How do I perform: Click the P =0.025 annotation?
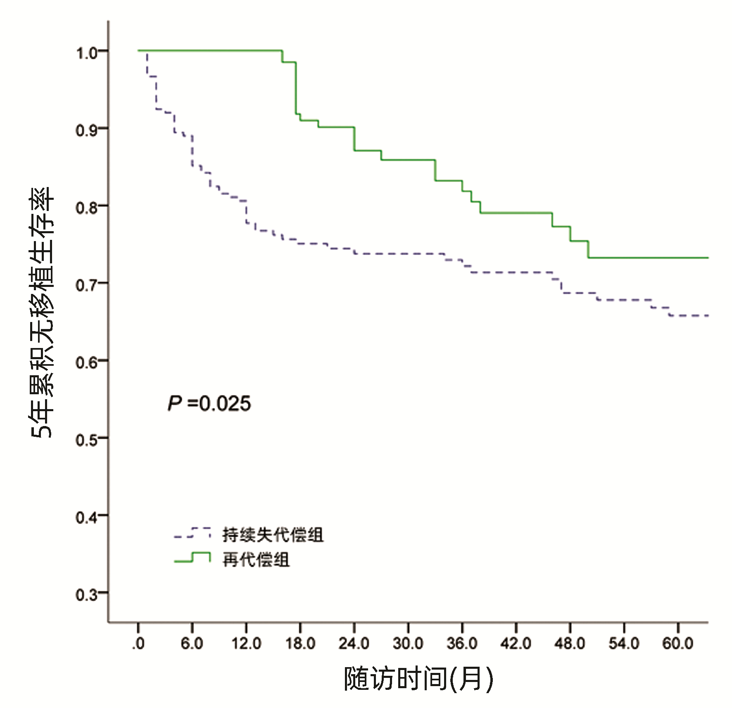209,403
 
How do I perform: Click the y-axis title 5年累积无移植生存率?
41,313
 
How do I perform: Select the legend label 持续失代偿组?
273,535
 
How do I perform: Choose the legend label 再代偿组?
256,560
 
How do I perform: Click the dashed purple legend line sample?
192,533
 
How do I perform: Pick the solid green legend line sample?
192,558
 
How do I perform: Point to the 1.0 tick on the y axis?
86,53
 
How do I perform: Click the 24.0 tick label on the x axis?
354,644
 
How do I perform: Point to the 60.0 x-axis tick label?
678,644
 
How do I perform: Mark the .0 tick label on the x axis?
138,644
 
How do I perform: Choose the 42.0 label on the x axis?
516,644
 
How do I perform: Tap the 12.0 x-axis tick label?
246,644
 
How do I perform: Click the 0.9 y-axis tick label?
86,130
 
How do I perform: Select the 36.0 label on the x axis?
462,644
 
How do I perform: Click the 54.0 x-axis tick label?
624,644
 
